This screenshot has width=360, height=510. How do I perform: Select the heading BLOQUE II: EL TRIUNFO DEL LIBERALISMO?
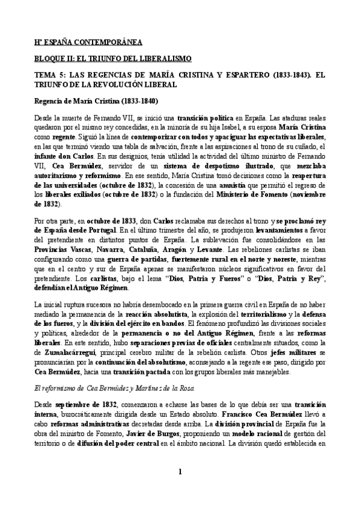point(112,58)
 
